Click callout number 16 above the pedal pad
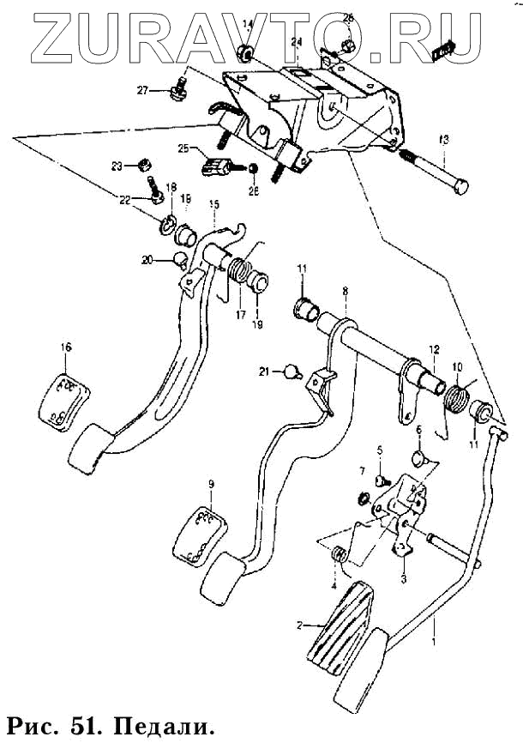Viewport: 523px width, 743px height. [66, 347]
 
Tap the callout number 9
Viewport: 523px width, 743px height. [211, 484]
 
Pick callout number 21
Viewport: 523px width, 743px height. [266, 371]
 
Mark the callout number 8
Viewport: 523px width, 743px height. [345, 292]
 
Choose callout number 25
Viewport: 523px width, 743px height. [183, 148]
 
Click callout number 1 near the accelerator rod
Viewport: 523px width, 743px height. [432, 642]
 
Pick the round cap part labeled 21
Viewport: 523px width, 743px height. [293, 371]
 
